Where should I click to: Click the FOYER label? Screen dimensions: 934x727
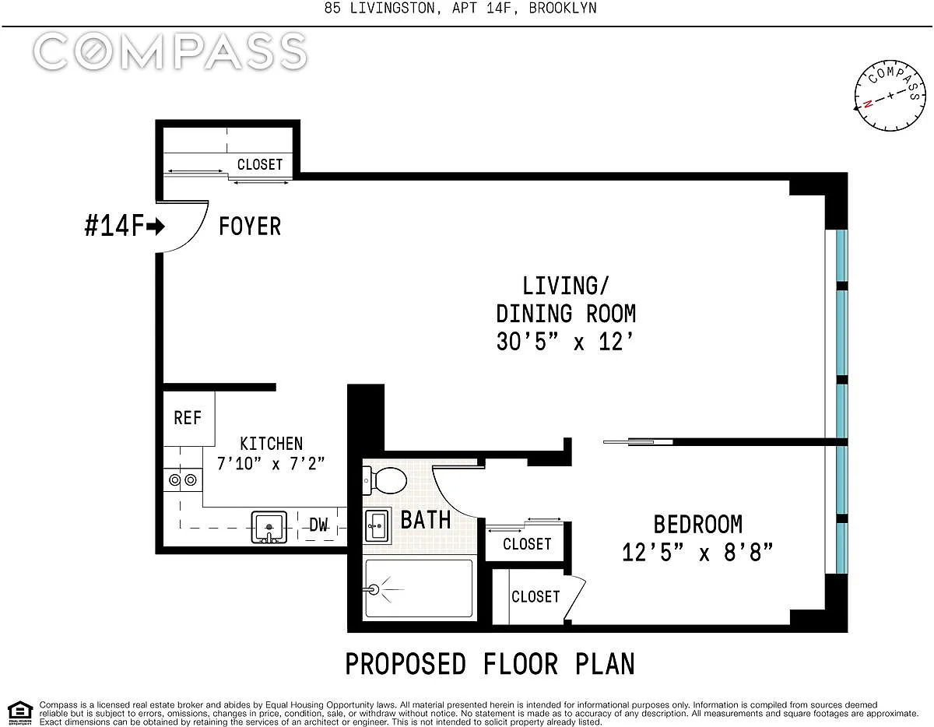click(250, 226)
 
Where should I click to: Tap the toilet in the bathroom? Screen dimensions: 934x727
click(385, 480)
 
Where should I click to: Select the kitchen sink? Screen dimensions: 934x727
click(269, 527)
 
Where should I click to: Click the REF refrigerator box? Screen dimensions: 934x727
click(188, 418)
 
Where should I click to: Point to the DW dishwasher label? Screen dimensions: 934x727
click(318, 525)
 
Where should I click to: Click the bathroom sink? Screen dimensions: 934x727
click(377, 525)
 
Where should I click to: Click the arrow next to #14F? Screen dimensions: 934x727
click(155, 227)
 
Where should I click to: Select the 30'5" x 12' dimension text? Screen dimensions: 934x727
click(565, 342)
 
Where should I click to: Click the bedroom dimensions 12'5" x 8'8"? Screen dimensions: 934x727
click(697, 552)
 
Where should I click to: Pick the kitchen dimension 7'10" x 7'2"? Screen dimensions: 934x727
click(271, 464)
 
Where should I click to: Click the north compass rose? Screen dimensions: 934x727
click(890, 96)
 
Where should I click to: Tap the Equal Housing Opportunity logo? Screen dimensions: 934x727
click(20, 713)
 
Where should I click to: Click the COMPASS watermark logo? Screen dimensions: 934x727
click(170, 51)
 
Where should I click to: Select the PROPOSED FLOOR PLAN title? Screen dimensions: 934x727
click(490, 664)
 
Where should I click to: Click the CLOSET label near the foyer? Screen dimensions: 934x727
click(260, 164)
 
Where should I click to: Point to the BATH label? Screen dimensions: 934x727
click(426, 520)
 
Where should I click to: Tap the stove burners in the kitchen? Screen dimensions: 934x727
click(182, 480)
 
